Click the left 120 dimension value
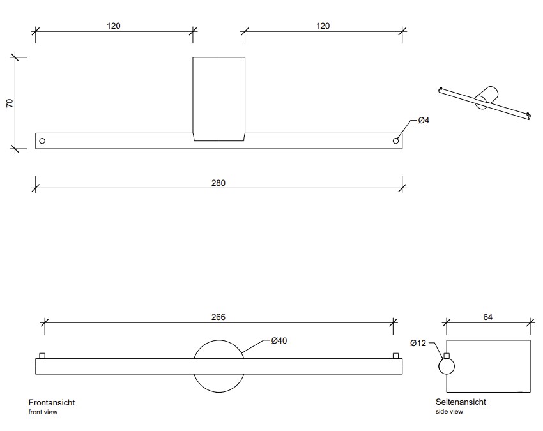click(114, 26)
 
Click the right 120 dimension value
click(323, 26)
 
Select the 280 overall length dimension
click(218, 183)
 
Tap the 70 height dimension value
click(10, 103)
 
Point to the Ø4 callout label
click(423, 121)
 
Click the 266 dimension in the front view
click(218, 317)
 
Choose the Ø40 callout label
click(279, 341)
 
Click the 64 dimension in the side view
click(488, 317)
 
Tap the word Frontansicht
click(52, 403)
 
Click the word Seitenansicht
click(461, 402)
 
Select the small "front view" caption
click(43, 412)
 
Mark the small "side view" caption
click(449, 412)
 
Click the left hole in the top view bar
click(42, 140)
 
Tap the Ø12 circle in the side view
click(447, 367)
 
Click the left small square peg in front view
click(42, 356)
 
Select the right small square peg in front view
click(396, 356)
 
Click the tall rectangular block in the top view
click(218, 99)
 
